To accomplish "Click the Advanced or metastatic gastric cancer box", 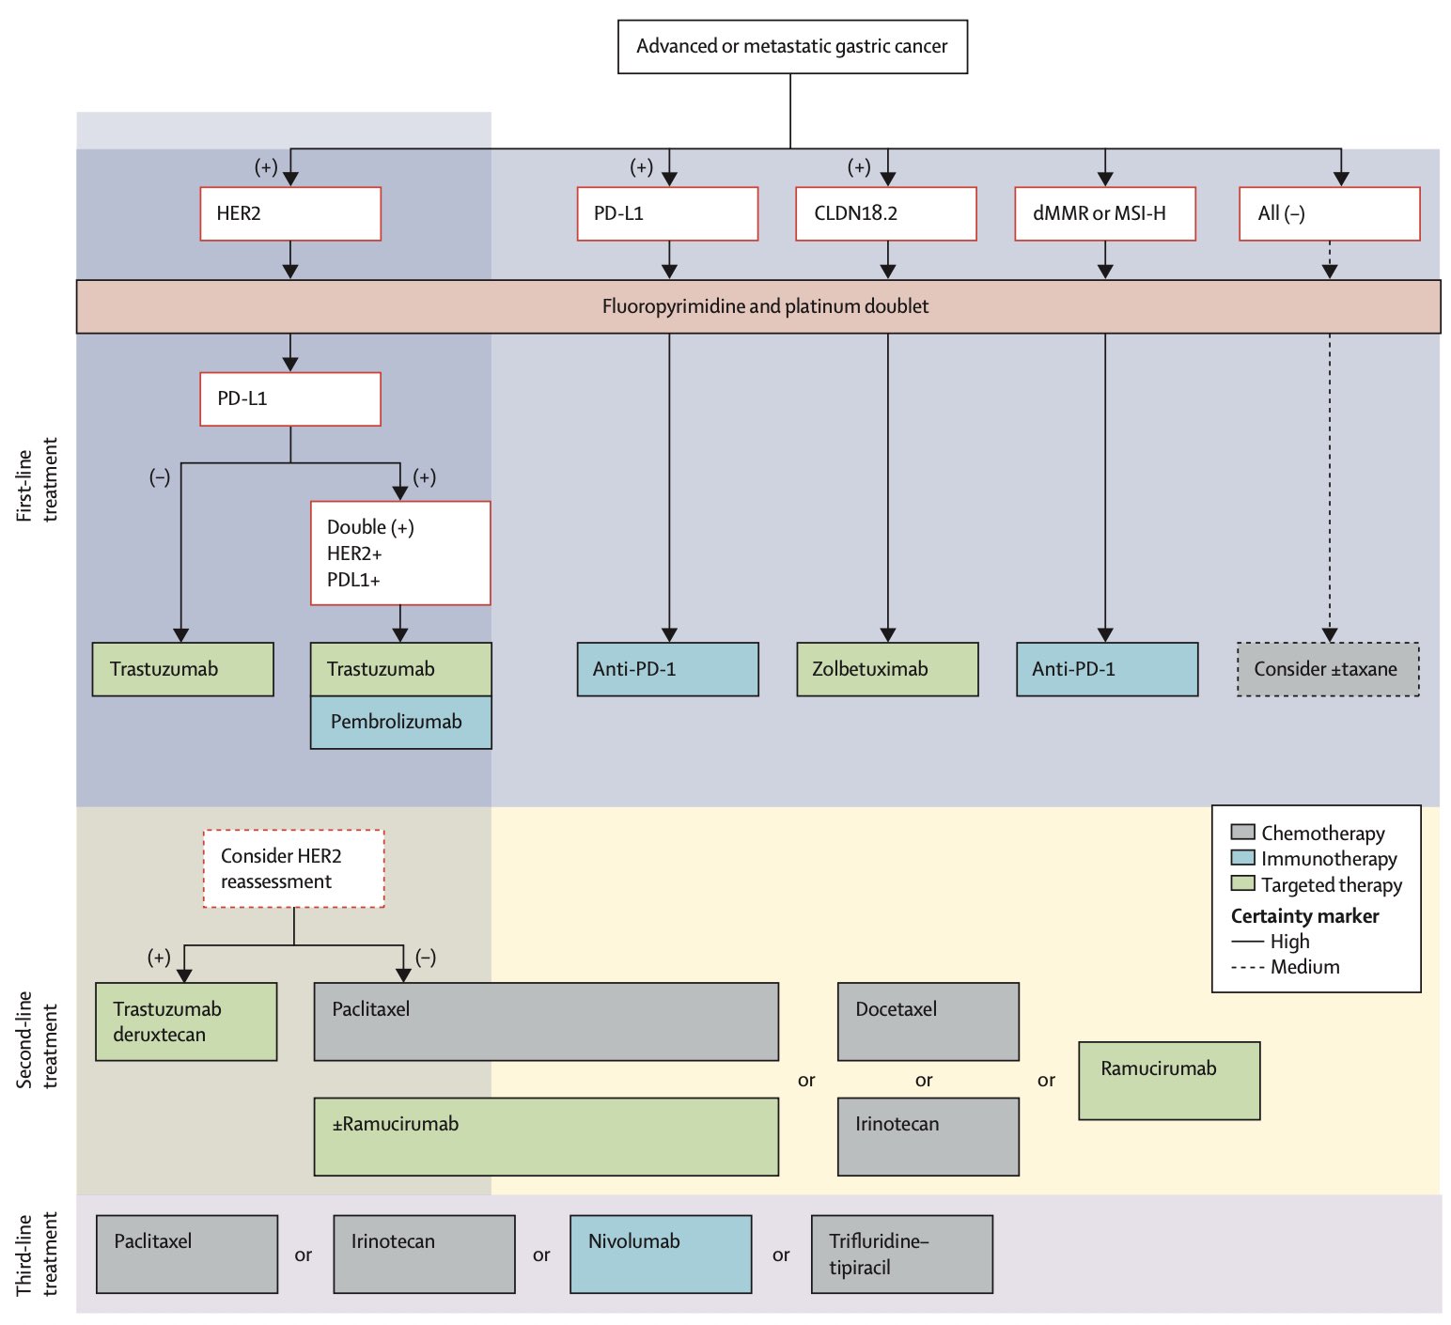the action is click(x=792, y=47).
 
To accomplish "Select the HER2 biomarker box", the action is click(x=290, y=214).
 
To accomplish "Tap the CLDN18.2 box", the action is click(x=886, y=214).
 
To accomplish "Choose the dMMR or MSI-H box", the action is click(x=1105, y=214).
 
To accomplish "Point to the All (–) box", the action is click(x=1329, y=214).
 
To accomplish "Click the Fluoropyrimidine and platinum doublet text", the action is click(x=765, y=306).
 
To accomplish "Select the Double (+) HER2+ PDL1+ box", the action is click(x=400, y=553).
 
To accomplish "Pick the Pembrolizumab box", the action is click(x=400, y=722).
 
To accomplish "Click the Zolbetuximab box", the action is click(x=887, y=669).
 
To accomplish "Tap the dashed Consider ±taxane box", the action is click(x=1328, y=669).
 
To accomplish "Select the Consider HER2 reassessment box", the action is click(x=294, y=868).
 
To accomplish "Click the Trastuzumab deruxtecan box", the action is click(x=186, y=1021).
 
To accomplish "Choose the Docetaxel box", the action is click(x=928, y=1021).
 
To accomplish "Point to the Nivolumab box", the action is click(x=661, y=1254).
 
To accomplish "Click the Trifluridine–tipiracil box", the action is click(x=901, y=1254).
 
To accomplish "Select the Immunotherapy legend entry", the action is click(x=1314, y=858).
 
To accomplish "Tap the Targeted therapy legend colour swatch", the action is click(x=1243, y=883).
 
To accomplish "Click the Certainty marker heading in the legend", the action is click(x=1304, y=915).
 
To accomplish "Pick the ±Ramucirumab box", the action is click(x=546, y=1137).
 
